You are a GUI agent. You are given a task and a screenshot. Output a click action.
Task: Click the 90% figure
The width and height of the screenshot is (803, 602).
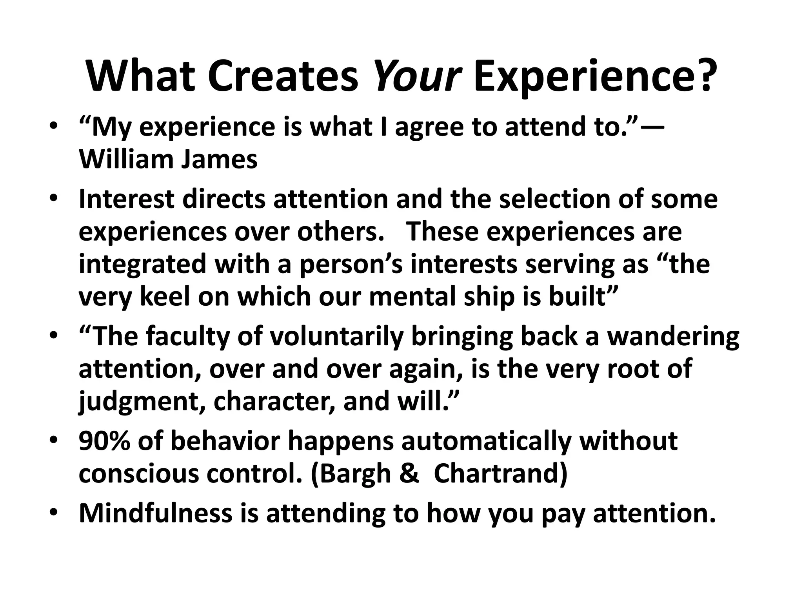click(104, 441)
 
